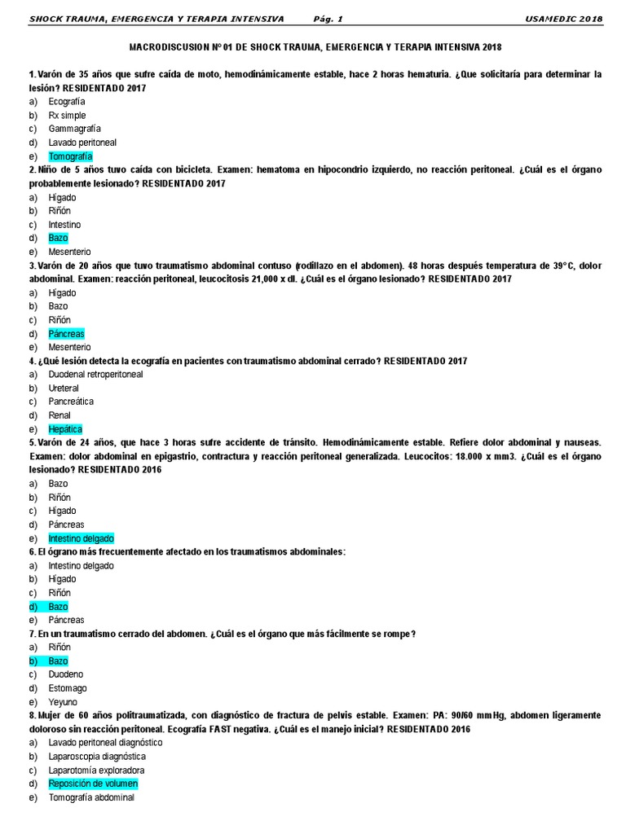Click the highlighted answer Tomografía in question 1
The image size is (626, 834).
pos(70,156)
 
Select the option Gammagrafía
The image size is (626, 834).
pos(74,129)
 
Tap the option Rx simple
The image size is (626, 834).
pos(67,116)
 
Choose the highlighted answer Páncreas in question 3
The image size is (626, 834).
pos(66,334)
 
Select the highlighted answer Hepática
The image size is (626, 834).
pos(65,429)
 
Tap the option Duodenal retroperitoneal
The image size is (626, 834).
pos(95,375)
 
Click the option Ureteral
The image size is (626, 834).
pos(64,388)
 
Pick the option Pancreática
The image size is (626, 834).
pos(71,402)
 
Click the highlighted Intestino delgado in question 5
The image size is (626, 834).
pos(81,538)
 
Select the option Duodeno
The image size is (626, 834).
pos(66,674)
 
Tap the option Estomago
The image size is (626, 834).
pos(68,688)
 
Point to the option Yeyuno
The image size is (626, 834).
pos(63,702)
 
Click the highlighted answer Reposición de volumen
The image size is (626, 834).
pos(93,784)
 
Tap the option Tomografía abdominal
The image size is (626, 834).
pos(91,797)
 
